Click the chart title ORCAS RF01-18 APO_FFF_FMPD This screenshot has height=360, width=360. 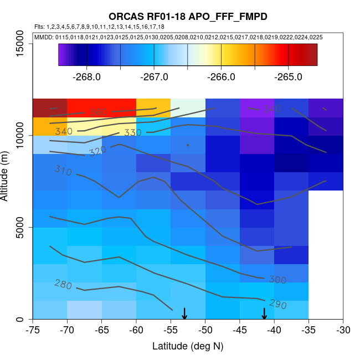click(188, 17)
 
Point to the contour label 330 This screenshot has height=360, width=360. click(133, 133)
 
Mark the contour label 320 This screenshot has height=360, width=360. click(97, 151)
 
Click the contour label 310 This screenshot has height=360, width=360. click(63, 171)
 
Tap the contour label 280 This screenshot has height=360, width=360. click(63, 284)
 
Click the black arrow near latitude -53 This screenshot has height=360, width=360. click(184, 313)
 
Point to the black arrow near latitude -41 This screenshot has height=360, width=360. click(264, 313)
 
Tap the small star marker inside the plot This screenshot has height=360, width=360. click(188, 145)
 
